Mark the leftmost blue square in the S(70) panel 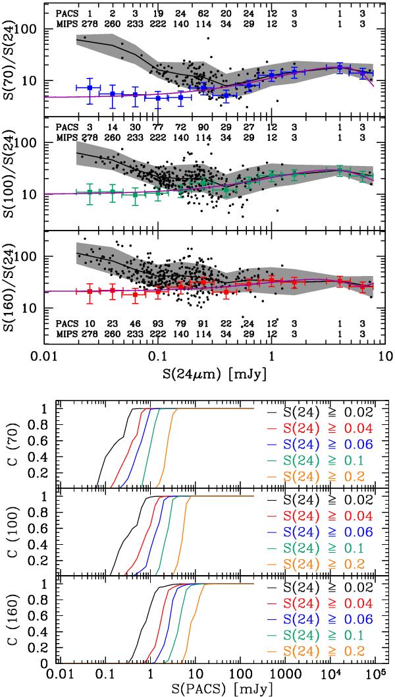click(x=90, y=88)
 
